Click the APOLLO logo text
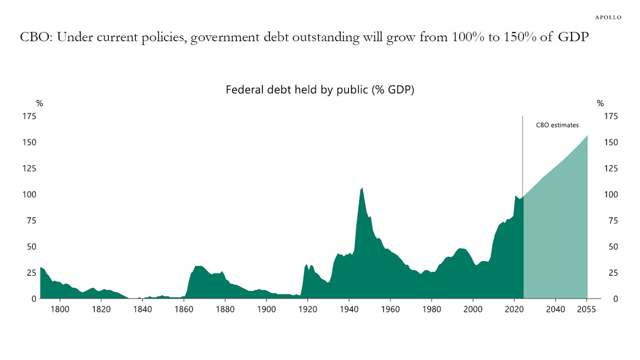click(x=608, y=17)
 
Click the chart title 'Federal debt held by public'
click(x=320, y=90)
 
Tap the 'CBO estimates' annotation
click(x=557, y=125)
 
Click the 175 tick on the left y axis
click(x=29, y=116)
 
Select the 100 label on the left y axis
click(x=29, y=195)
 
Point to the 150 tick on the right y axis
click(x=611, y=142)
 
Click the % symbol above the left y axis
click(x=40, y=104)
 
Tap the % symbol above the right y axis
click(x=600, y=104)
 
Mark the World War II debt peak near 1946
click(x=362, y=188)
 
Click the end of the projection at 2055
click(x=587, y=135)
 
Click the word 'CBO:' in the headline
click(x=36, y=37)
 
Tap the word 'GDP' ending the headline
click(x=573, y=37)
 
